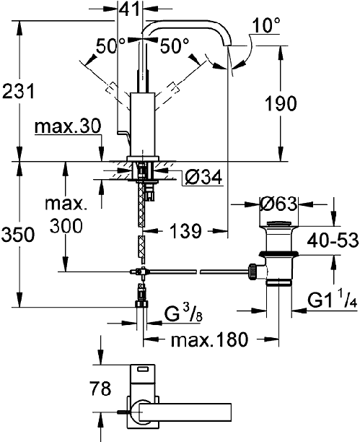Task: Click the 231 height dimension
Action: coord(18,91)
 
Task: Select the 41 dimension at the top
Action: coord(129,9)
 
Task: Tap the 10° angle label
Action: coord(266,25)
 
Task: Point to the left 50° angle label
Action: coord(110,46)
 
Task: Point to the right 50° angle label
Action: coord(175,46)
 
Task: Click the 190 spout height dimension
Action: coord(281,103)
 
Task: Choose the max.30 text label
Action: coord(68,126)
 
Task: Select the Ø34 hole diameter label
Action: coord(203,178)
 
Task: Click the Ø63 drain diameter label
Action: coord(278,204)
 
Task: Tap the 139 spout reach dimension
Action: coord(185,230)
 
